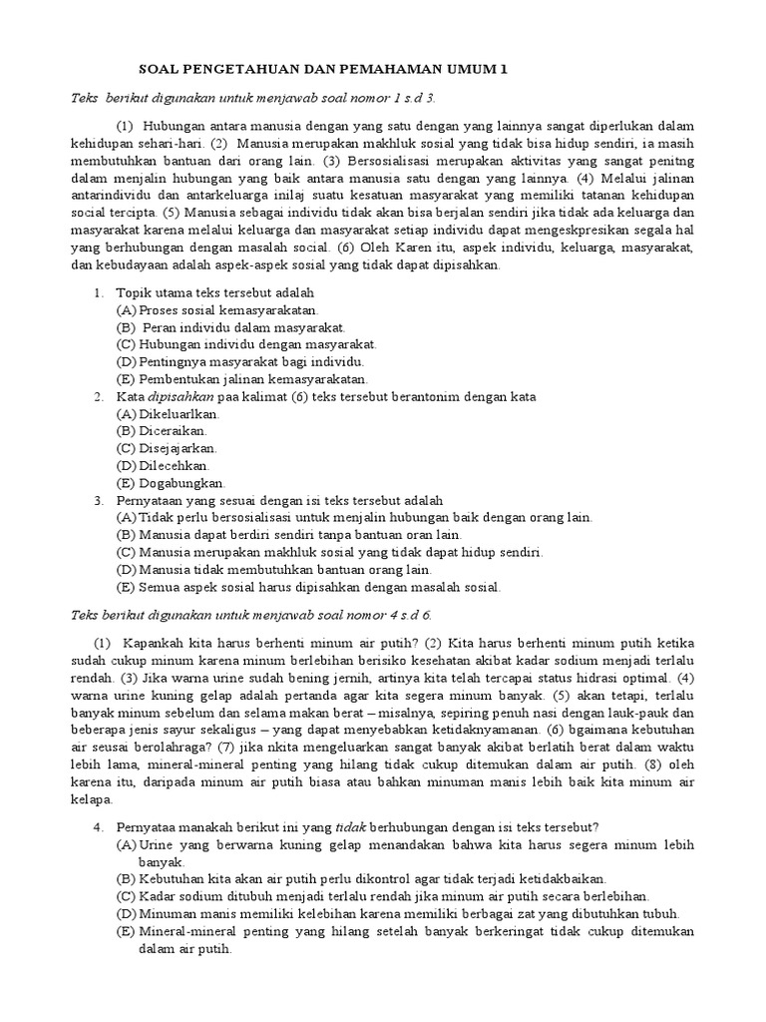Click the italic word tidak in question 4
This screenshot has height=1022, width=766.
(x=345, y=827)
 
